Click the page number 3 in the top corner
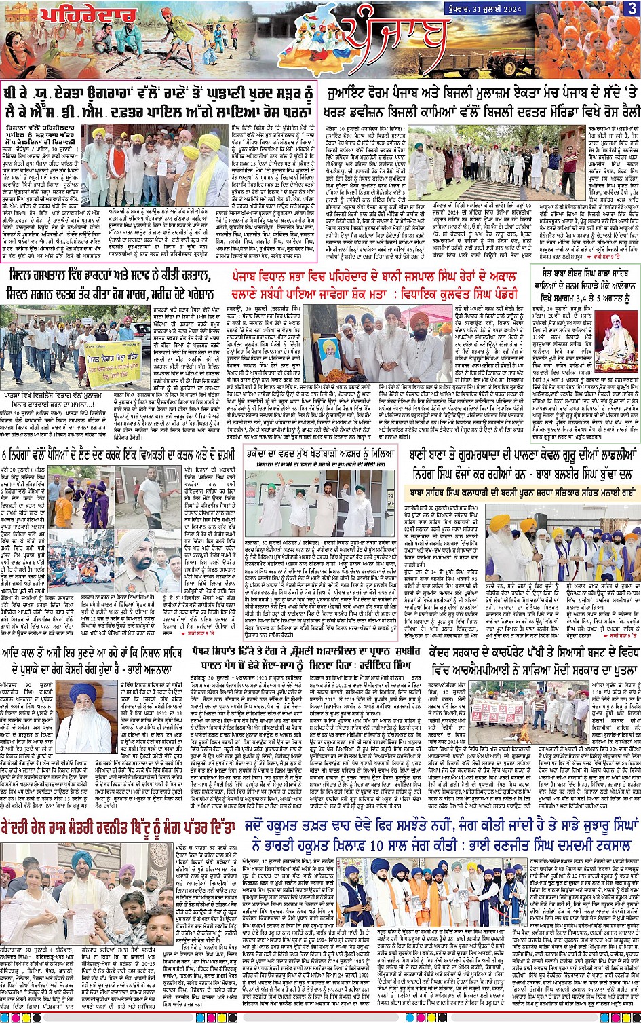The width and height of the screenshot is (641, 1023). point(632,8)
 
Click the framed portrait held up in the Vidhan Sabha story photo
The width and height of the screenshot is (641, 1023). point(330,353)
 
